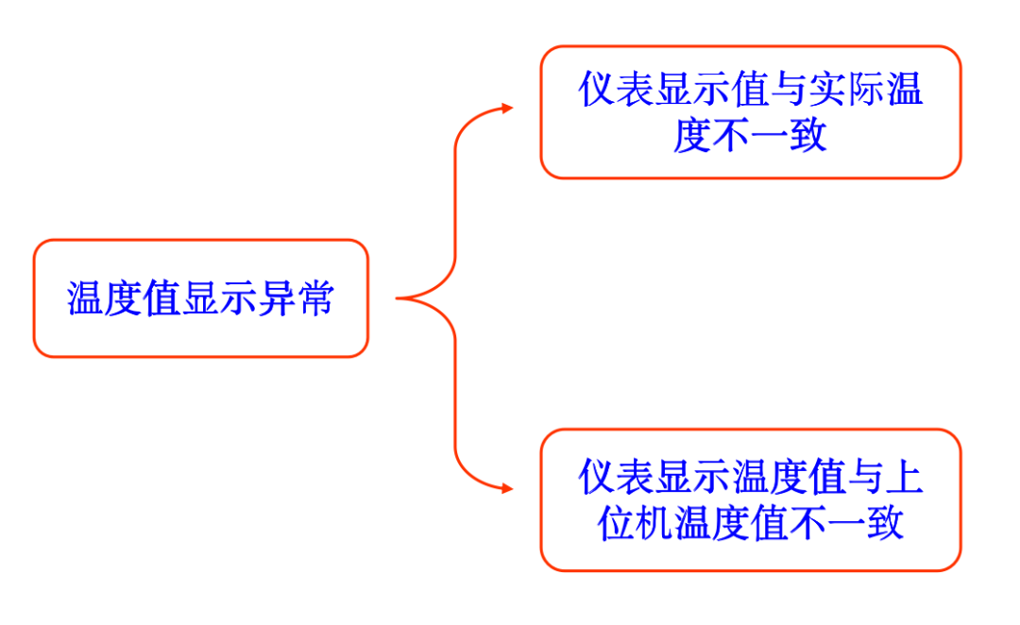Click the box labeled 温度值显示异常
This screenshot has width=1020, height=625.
click(x=200, y=298)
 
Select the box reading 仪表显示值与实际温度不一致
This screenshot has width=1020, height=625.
click(x=750, y=112)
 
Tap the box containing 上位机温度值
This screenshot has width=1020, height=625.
click(x=750, y=499)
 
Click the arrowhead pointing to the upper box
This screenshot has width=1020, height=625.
click(x=507, y=108)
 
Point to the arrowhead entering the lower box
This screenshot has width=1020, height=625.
click(x=507, y=489)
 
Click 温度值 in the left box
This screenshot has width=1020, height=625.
click(x=124, y=298)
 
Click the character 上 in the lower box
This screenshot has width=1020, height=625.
click(x=904, y=478)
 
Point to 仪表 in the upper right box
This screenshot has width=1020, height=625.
click(x=616, y=91)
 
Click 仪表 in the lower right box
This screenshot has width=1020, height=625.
click(x=616, y=478)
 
